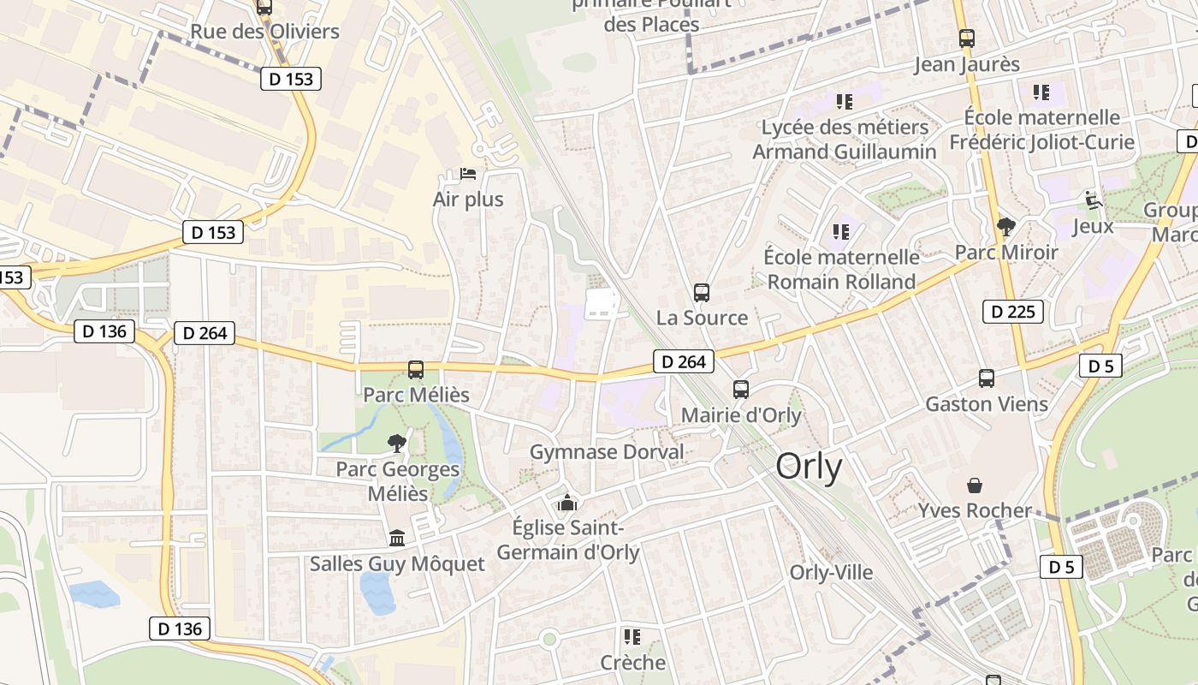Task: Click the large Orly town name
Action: (x=809, y=468)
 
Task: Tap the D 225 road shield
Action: (x=1014, y=312)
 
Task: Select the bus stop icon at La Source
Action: (x=702, y=293)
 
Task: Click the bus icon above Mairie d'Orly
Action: (x=741, y=390)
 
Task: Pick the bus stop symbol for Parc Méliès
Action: (x=416, y=370)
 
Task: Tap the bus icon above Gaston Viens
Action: (x=987, y=378)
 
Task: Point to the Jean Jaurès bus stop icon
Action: (x=967, y=39)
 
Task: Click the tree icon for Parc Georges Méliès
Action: (x=396, y=443)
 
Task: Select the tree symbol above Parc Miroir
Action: (x=1006, y=227)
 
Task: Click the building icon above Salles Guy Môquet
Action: (x=397, y=538)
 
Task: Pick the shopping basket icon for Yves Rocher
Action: (x=975, y=485)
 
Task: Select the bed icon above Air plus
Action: (x=468, y=174)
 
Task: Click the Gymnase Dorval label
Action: (x=607, y=451)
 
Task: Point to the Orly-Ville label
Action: (x=831, y=572)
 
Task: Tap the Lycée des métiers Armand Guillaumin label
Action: (x=845, y=140)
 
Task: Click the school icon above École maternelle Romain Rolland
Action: (x=840, y=232)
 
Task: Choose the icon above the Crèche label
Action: (x=632, y=636)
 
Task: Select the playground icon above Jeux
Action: (x=1093, y=200)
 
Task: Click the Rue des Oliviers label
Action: (x=264, y=32)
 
